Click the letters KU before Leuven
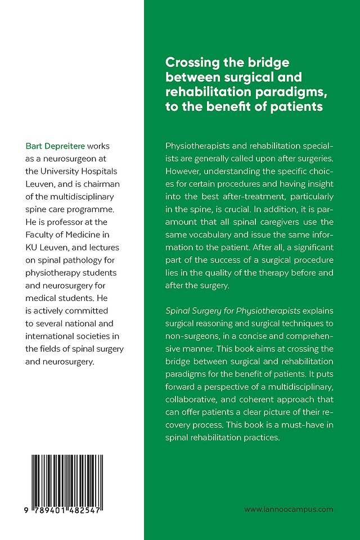[32, 248]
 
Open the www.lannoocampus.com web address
[289, 509]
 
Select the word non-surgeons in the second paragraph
[188, 336]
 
